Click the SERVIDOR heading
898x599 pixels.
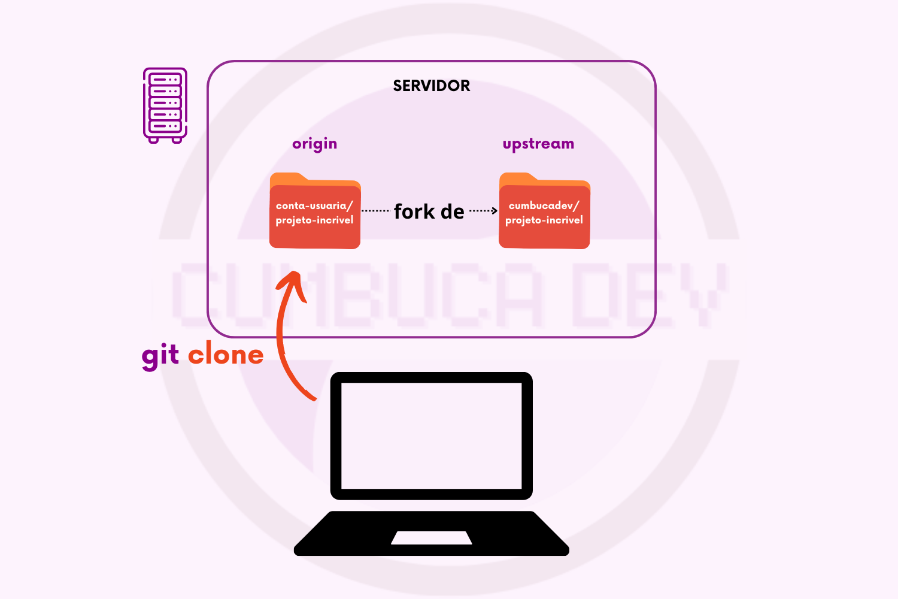pos(431,86)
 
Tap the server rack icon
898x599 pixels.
pos(165,105)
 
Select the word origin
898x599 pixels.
pos(314,144)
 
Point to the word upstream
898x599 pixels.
pos(538,144)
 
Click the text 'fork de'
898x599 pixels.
pos(429,212)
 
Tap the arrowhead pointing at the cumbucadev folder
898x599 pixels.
pos(494,211)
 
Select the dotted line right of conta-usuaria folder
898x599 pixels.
pos(376,211)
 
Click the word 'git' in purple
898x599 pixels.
pos(160,356)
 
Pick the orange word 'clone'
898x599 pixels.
pos(226,356)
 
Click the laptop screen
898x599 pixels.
pos(431,435)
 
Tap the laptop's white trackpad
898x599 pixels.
pos(431,537)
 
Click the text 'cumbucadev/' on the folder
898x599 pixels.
pos(544,205)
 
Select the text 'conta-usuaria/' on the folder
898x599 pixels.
pos(314,205)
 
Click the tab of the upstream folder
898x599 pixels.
pos(518,178)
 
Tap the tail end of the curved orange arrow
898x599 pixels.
pos(314,398)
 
